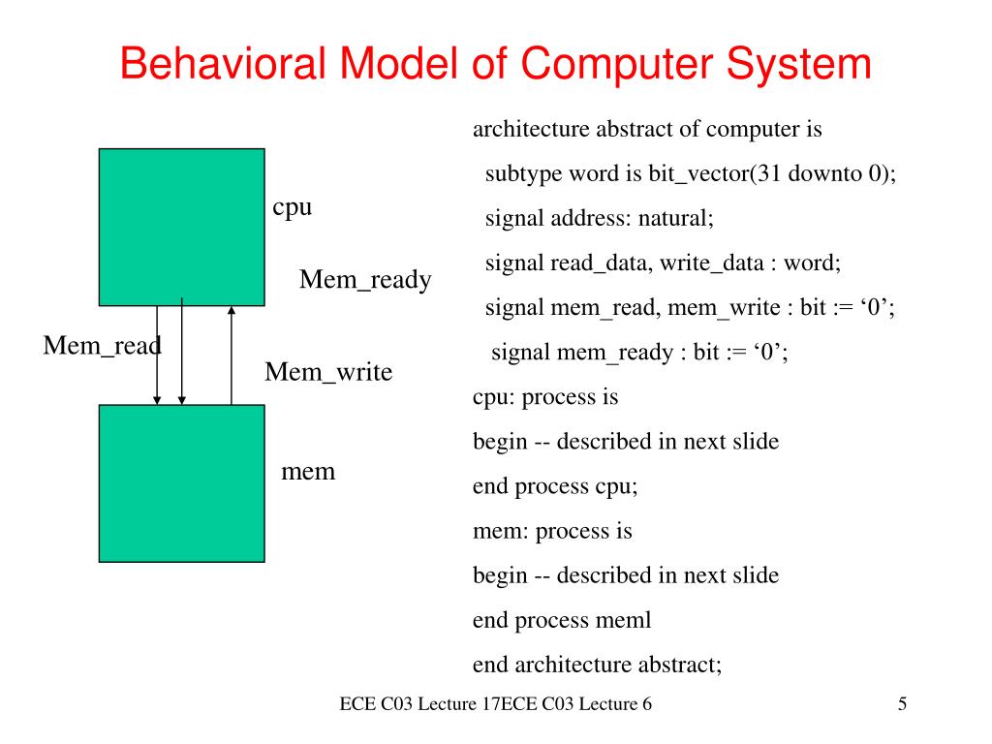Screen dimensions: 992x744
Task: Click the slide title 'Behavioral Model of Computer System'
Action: click(496, 65)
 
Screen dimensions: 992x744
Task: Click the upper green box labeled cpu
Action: click(181, 227)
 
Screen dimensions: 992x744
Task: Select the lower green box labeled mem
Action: click(181, 482)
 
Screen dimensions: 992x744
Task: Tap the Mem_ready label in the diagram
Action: click(365, 280)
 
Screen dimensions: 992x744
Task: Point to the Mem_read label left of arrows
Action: click(102, 345)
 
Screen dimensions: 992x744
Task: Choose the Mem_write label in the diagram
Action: click(328, 371)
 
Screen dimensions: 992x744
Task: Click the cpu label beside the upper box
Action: click(292, 206)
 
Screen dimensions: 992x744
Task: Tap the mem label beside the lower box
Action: click(307, 472)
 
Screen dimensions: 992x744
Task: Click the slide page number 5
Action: click(902, 704)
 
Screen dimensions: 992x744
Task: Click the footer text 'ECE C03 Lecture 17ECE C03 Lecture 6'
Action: click(495, 704)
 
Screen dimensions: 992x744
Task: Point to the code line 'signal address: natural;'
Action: click(599, 218)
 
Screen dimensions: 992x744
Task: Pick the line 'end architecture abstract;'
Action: click(598, 665)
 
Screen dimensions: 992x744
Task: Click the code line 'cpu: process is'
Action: click(544, 396)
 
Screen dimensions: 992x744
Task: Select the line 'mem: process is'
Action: click(552, 530)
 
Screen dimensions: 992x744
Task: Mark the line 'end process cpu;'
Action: click(555, 486)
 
